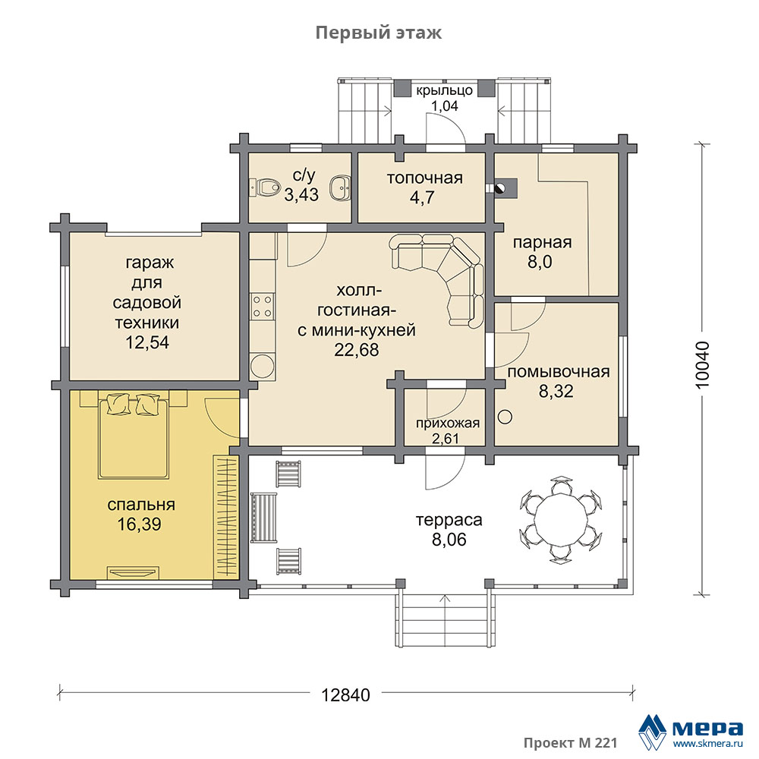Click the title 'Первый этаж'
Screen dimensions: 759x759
click(x=379, y=33)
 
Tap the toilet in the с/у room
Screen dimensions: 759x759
click(x=264, y=187)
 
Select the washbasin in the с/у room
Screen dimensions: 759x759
click(x=340, y=187)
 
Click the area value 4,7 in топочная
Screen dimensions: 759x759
click(x=422, y=197)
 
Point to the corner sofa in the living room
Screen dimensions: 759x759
click(x=438, y=279)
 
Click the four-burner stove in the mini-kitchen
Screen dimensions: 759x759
click(x=262, y=307)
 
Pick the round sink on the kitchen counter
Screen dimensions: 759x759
click(x=263, y=367)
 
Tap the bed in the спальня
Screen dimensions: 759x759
click(x=134, y=436)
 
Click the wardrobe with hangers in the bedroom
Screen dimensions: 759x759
click(x=225, y=516)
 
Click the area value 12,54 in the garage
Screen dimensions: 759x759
click(x=147, y=342)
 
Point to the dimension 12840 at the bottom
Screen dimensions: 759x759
click(x=345, y=695)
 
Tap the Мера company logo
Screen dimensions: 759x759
click(x=691, y=731)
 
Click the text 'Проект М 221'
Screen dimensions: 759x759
click(x=570, y=743)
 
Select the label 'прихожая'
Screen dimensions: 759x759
click(x=448, y=423)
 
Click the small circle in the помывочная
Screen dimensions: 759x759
click(x=505, y=417)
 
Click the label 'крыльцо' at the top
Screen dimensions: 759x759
click(x=444, y=90)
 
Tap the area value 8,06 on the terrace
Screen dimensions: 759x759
click(x=449, y=539)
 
